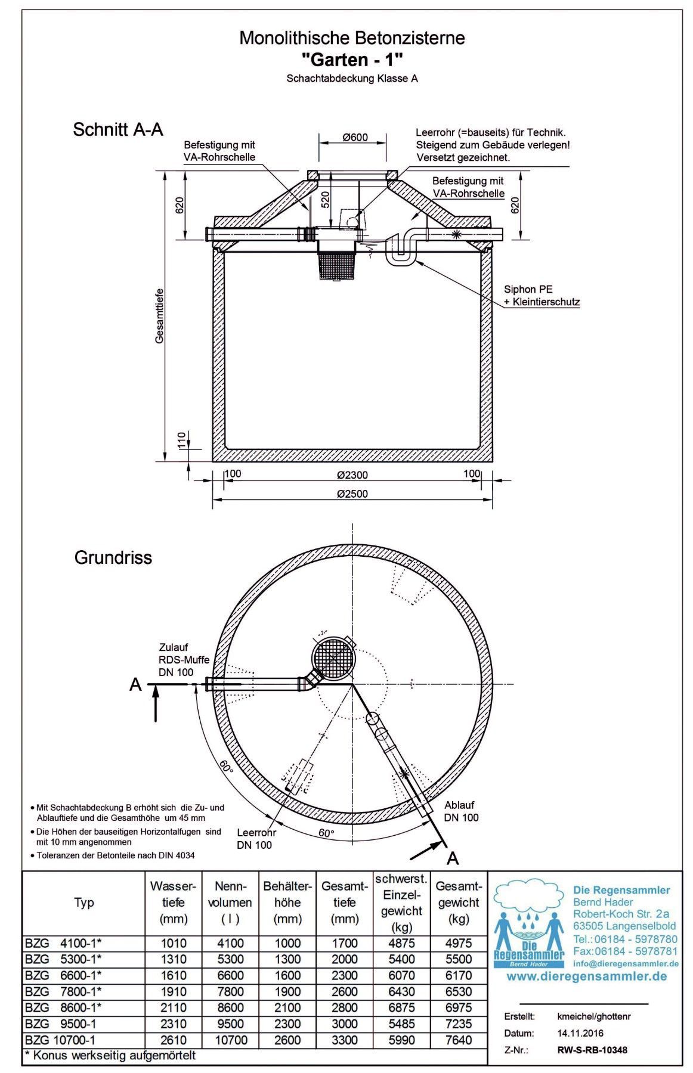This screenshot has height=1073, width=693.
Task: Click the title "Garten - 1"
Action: tap(352, 59)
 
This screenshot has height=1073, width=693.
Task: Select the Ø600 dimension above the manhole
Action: tap(355, 137)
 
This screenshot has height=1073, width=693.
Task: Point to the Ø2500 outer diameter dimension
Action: tap(352, 494)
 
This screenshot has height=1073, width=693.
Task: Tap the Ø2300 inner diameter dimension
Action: tap(352, 475)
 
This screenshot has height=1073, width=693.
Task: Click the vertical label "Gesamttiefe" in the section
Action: tap(159, 316)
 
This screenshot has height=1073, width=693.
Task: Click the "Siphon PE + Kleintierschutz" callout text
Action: tap(541, 296)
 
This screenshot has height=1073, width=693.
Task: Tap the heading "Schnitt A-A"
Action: tap(117, 129)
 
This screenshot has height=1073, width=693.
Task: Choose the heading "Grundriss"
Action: tap(113, 557)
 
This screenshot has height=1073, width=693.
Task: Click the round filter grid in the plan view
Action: tap(334, 659)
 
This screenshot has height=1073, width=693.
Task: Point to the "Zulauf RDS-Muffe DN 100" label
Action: tap(184, 659)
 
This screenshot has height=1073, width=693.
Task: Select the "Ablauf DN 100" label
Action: tap(461, 811)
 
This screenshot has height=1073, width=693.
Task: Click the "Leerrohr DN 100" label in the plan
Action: tap(256, 838)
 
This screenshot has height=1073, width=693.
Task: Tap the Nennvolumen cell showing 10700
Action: tap(230, 1040)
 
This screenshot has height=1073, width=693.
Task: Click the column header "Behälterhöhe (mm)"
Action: tap(287, 903)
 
